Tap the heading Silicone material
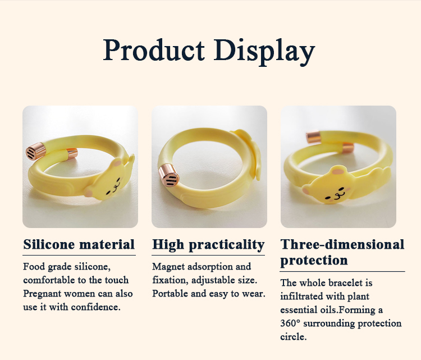coord(79,245)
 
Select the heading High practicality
coord(208,245)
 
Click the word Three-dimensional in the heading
coord(342,245)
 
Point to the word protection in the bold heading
coord(314,261)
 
